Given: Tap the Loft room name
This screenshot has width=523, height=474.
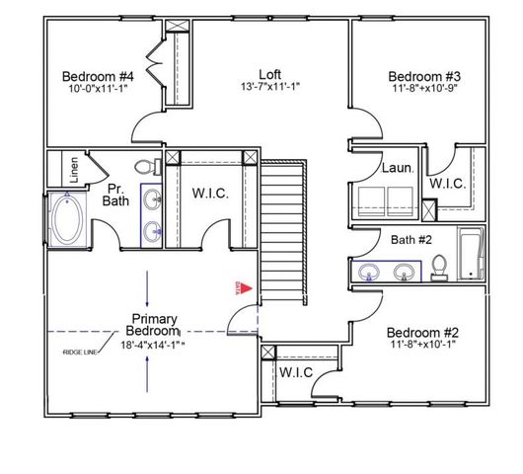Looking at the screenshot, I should coord(269,74).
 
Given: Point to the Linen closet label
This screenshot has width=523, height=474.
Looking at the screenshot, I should coord(75,168).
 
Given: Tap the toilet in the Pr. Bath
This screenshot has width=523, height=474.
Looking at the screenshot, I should coord(145,167).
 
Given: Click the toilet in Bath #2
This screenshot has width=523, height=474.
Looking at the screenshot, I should coord(440,264).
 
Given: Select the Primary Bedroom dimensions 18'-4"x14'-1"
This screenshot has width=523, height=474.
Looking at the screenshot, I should coord(153,345).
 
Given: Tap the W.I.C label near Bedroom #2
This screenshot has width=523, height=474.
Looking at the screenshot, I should coord(296,372).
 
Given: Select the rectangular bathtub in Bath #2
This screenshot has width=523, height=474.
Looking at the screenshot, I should coord(470,255).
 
